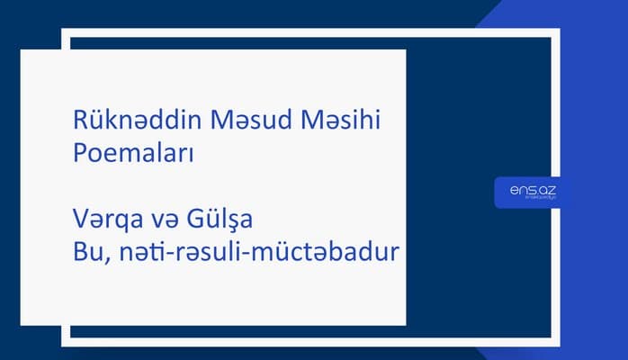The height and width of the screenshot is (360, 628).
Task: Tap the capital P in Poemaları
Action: pos(80,152)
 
